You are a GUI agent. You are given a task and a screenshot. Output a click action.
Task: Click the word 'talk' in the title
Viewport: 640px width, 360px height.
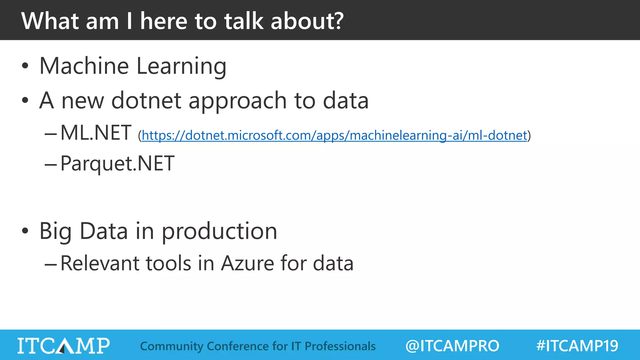pos(243,21)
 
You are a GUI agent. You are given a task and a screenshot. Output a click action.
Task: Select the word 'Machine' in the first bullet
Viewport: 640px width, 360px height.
pos(84,66)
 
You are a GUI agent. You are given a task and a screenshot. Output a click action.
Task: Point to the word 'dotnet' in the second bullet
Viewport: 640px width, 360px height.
pos(146,101)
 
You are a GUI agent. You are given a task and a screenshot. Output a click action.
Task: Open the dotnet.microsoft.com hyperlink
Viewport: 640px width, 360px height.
pos(334,136)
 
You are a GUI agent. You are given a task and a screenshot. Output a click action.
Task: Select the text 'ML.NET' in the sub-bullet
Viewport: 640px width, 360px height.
pos(96,133)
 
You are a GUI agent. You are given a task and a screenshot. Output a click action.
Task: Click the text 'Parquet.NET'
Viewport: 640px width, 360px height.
pos(117,164)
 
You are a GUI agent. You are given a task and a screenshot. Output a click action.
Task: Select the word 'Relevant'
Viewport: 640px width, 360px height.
pos(99,263)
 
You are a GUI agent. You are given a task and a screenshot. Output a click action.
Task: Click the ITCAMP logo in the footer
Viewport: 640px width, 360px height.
pos(63,346)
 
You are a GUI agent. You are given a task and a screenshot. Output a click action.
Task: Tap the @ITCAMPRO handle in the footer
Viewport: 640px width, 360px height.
pos(452,346)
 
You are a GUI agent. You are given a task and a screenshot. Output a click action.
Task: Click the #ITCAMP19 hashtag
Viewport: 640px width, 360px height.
pos(577,346)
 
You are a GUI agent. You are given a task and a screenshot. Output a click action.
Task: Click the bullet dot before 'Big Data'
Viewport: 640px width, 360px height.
pos(25,231)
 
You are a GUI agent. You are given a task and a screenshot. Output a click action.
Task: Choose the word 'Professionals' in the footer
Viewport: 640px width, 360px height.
pos(340,346)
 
